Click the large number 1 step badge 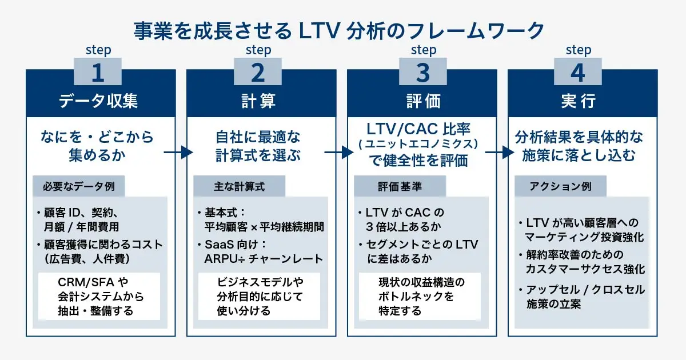pyautogui.click(x=98, y=73)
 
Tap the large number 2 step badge pyautogui.click(x=258, y=73)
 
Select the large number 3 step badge pyautogui.click(x=423, y=73)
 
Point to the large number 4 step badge pyautogui.click(x=578, y=73)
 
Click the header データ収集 pyautogui.click(x=98, y=101)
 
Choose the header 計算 pyautogui.click(x=258, y=101)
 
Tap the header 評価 pyautogui.click(x=423, y=101)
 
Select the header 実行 pyautogui.click(x=578, y=101)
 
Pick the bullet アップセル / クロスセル pyautogui.click(x=585, y=290)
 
